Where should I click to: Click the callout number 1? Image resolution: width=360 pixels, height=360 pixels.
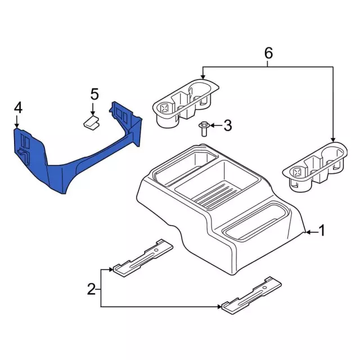coord(322,231)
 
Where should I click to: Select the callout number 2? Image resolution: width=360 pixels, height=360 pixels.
coord(91,289)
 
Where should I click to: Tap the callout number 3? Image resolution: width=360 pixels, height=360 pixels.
coord(227,125)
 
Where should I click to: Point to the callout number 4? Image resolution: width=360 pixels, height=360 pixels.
coord(19,108)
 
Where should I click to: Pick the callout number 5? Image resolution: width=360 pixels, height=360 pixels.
coord(94,94)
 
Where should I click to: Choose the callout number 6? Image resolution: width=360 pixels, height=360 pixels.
coord(268,53)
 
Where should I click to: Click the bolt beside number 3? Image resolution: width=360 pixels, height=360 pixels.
coord(204,129)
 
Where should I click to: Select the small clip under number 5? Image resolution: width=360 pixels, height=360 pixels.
coord(91,123)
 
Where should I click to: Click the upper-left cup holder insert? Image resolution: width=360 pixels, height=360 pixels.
coord(186,103)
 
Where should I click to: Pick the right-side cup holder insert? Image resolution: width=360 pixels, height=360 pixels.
coord(315,166)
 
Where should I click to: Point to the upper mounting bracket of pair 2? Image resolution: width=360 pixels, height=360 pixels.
coord(143,258)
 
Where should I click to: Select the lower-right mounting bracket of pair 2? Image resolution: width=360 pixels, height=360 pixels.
coord(251,295)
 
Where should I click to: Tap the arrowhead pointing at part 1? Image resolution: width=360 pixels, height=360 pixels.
coord(308,232)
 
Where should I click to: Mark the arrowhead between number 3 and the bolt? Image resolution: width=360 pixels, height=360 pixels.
coord(212,125)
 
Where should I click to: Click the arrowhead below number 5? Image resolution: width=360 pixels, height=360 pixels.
coord(93,112)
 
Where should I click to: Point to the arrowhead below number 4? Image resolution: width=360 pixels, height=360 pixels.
coord(16,125)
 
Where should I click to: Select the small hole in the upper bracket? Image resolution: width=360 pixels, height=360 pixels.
coord(156,250)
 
